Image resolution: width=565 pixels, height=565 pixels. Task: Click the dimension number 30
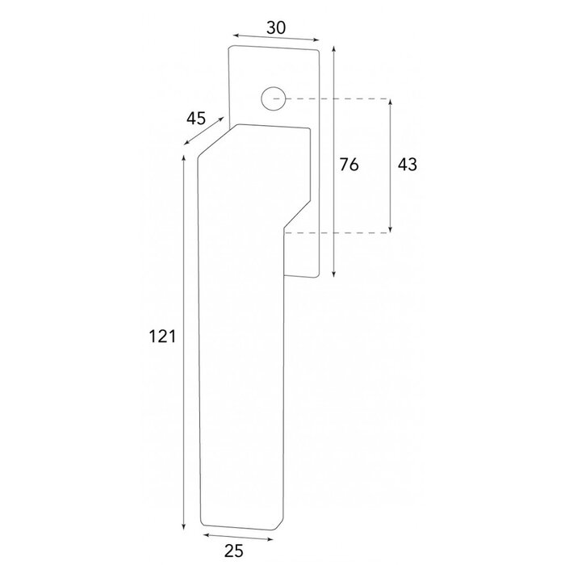(275, 27)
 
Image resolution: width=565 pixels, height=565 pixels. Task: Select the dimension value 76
(348, 165)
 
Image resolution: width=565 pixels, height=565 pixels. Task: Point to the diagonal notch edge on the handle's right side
(297, 216)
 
